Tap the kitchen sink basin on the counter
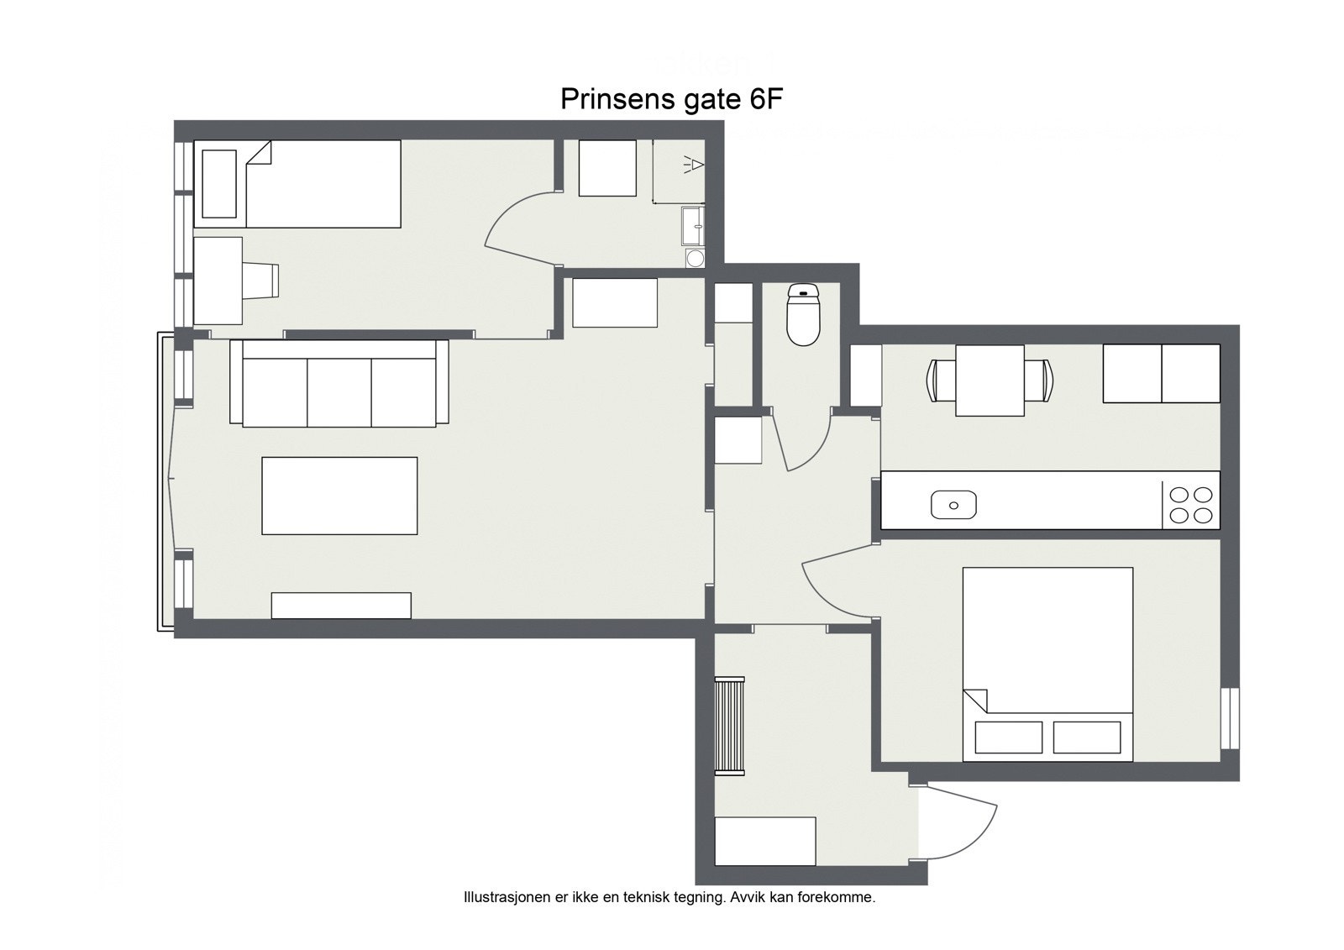(953, 505)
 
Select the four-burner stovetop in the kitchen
(1190, 505)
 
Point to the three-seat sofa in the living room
(339, 385)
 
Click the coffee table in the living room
(339, 496)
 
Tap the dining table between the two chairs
(990, 380)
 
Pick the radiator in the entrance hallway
(729, 725)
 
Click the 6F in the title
(765, 100)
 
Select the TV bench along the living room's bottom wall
(341, 606)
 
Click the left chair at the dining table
(940, 380)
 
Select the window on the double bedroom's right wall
(1231, 718)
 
